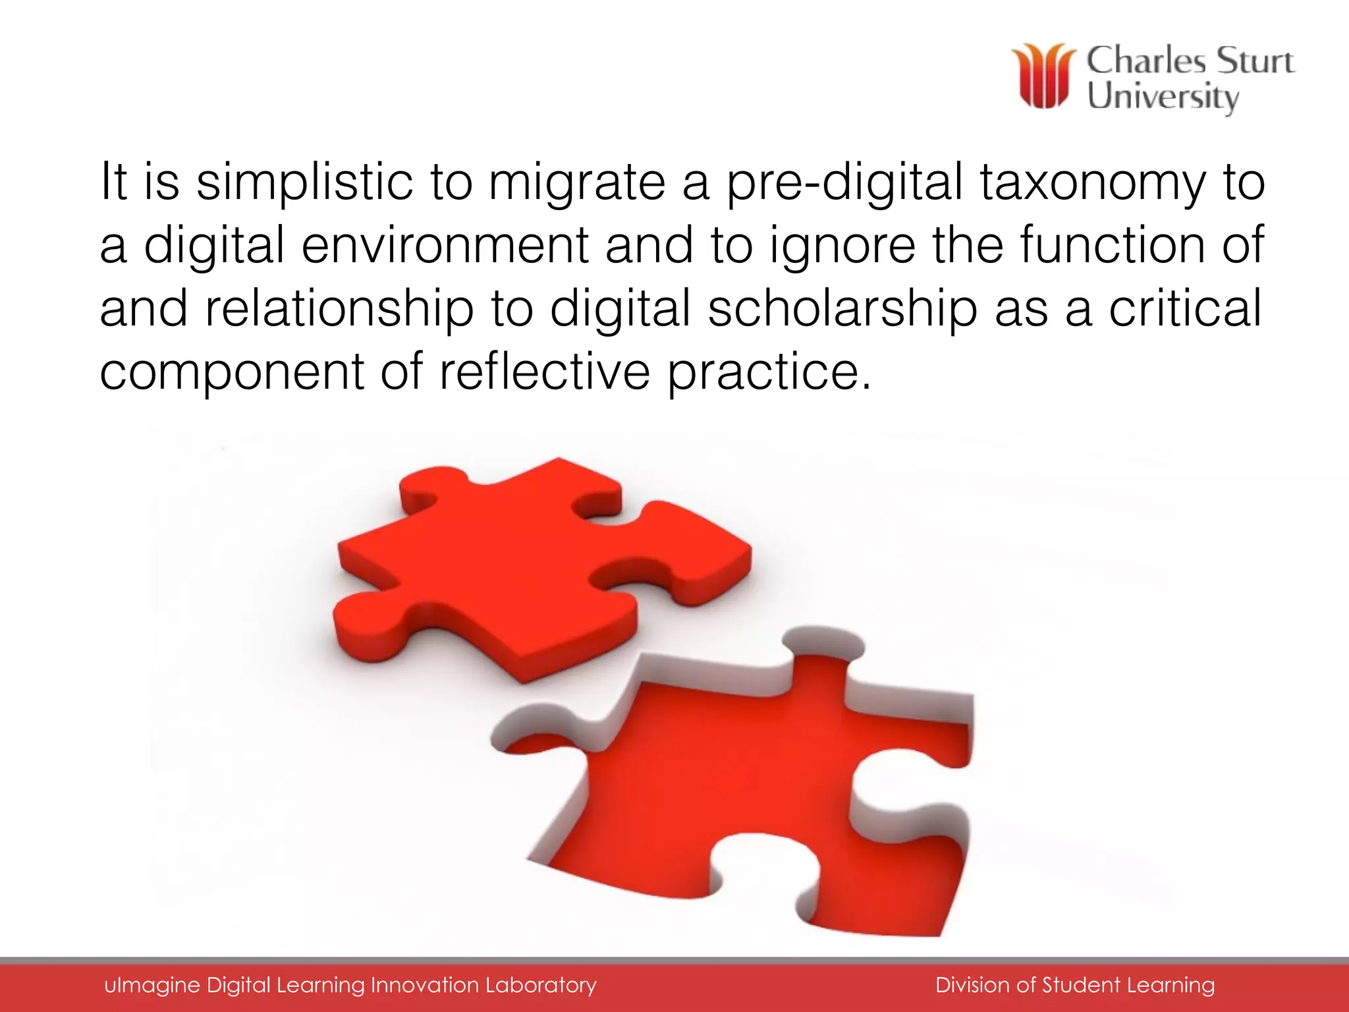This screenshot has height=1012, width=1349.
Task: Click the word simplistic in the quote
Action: click(304, 182)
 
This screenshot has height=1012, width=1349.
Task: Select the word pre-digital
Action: click(845, 183)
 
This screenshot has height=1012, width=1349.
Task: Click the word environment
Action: click(445, 245)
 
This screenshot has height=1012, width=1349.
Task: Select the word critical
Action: click(1186, 308)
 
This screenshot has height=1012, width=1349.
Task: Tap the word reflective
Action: click(545, 372)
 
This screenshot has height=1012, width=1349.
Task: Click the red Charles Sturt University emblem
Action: click(1043, 76)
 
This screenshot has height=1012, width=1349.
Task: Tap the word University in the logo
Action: click(1163, 98)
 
